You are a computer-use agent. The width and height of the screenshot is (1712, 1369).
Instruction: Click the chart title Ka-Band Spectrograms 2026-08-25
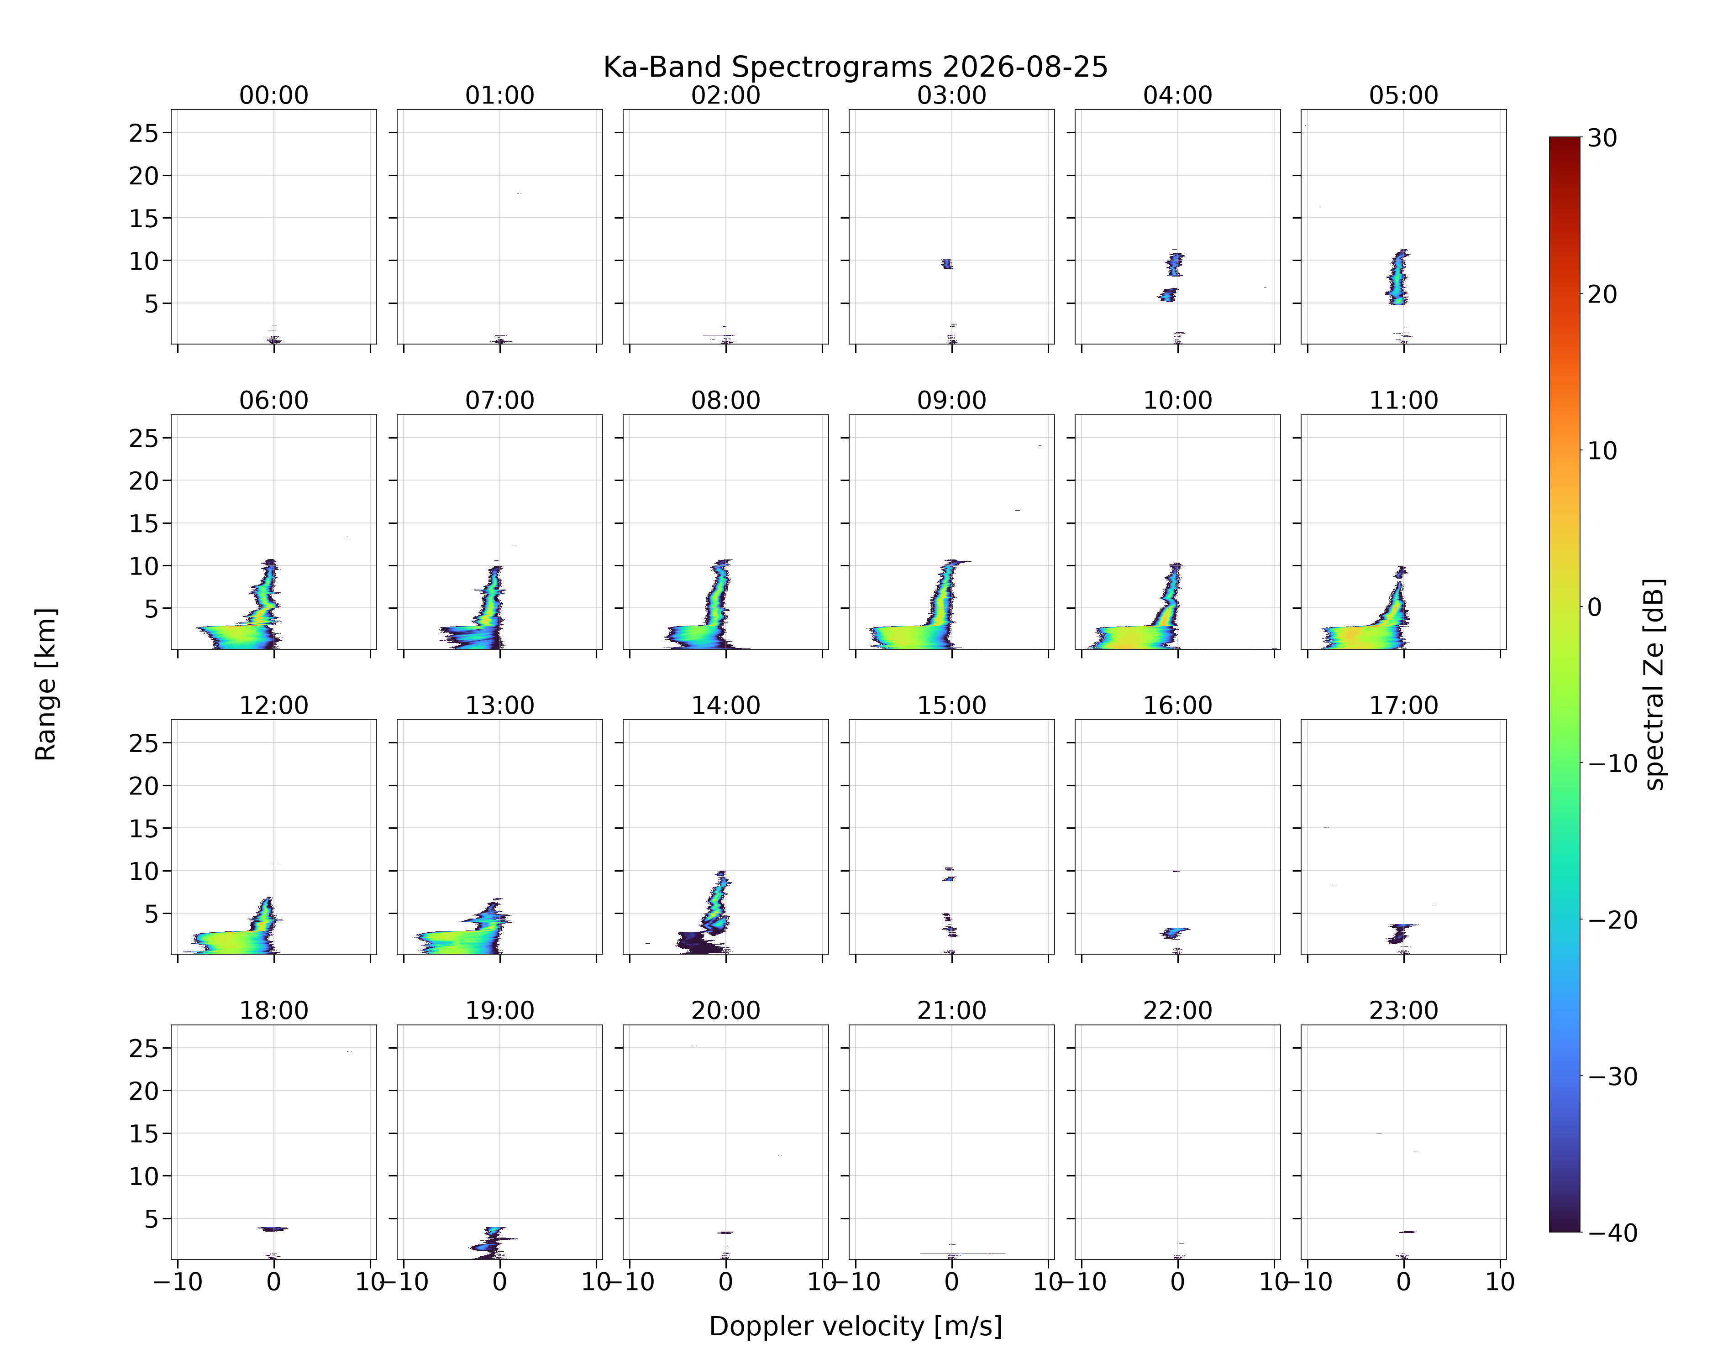click(x=855, y=68)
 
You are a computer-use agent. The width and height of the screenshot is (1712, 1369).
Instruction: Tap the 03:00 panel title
click(x=951, y=95)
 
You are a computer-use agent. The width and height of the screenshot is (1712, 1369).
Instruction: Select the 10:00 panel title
click(x=1177, y=400)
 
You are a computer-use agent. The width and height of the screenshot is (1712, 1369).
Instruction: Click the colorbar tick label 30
click(x=1602, y=138)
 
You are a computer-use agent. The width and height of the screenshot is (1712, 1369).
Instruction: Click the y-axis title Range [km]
click(x=46, y=684)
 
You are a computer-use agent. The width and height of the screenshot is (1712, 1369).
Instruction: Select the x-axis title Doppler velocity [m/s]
click(x=855, y=1326)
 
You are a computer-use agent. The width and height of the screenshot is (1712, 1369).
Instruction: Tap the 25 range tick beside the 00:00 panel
click(x=145, y=133)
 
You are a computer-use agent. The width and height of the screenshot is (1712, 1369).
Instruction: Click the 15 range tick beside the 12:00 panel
click(x=145, y=829)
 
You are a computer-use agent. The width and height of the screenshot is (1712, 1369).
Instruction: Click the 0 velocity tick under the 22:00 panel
click(x=1177, y=1282)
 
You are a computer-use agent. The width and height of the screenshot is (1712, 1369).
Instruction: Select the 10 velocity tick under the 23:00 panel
click(x=1500, y=1282)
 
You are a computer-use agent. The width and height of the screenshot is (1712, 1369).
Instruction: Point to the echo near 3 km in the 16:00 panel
click(x=1174, y=932)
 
